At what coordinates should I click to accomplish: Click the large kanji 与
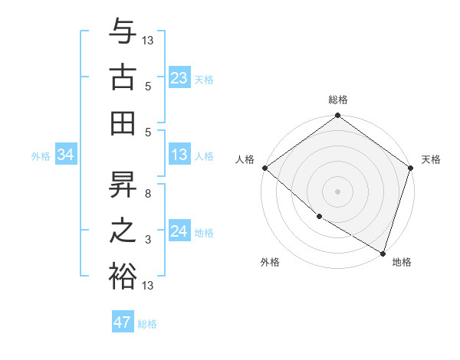(123, 33)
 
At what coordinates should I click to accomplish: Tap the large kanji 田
(123, 120)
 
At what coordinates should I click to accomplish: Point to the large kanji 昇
(123, 186)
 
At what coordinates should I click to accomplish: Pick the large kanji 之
(123, 230)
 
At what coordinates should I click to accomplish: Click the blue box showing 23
(179, 78)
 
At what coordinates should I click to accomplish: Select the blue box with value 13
(179, 155)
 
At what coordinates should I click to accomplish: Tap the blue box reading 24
(179, 231)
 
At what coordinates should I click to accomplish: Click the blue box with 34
(65, 155)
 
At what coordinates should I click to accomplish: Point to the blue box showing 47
(123, 322)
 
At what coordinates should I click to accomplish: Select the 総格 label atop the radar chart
(337, 100)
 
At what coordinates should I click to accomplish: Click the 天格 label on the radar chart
(431, 159)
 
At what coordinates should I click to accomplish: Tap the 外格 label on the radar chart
(269, 262)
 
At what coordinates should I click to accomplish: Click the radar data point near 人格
(264, 168)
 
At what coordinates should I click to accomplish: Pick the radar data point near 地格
(383, 253)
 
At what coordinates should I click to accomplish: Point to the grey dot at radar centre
(337, 191)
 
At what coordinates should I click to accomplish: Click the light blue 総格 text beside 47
(147, 324)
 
